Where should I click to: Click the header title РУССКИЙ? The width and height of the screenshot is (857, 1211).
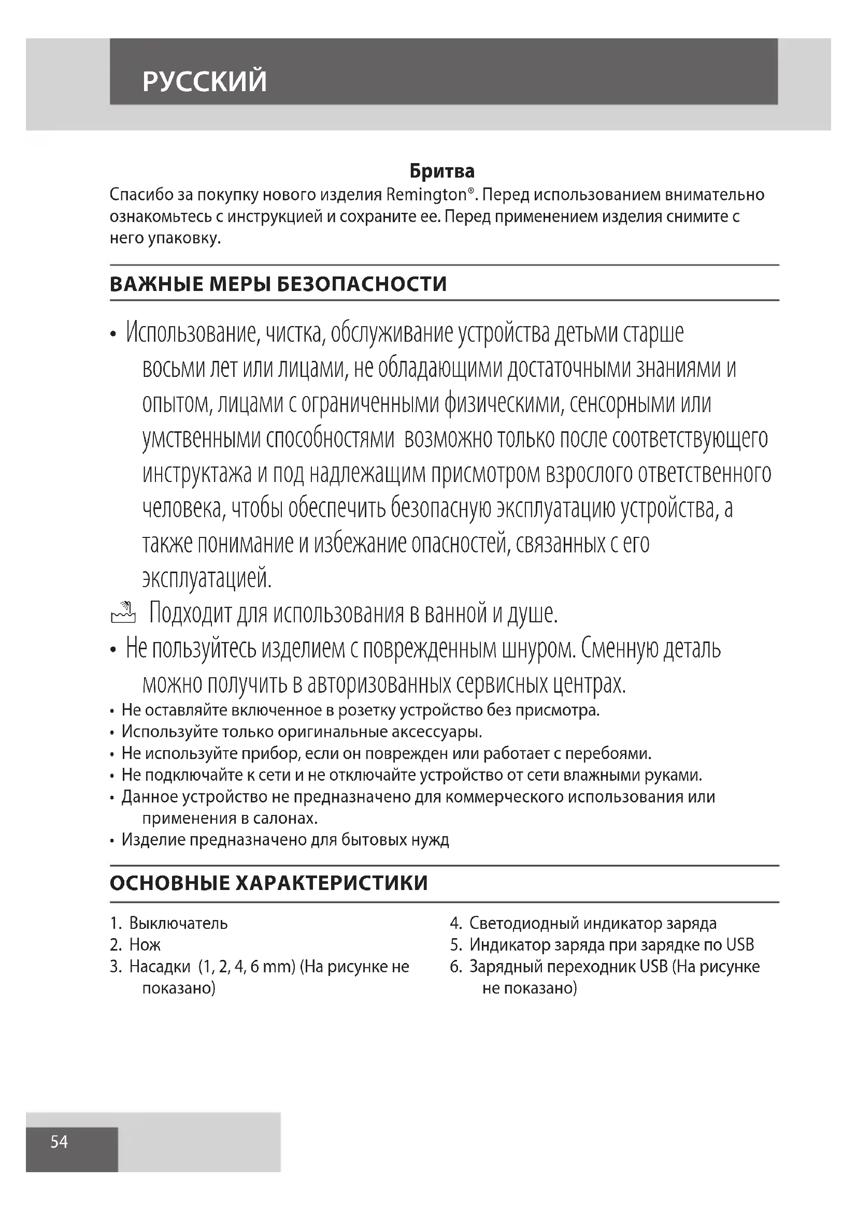[x=205, y=82]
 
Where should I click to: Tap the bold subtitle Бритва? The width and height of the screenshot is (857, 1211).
[x=442, y=171]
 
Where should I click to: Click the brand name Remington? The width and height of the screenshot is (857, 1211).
[x=426, y=195]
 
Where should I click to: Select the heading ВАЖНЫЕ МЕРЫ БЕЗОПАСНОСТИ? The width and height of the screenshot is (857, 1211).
[x=278, y=284]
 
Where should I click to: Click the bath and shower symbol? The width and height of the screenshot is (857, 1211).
[x=123, y=613]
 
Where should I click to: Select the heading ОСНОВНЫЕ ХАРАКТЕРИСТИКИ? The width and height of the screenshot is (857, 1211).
[x=268, y=883]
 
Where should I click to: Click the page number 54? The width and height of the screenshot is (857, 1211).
[x=59, y=1142]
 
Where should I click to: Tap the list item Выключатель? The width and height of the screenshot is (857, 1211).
[x=178, y=924]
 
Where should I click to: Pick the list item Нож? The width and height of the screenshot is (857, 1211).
[x=145, y=945]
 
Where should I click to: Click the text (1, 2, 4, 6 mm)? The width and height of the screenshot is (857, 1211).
[x=247, y=967]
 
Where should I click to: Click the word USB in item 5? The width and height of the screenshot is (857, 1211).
[x=740, y=945]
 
